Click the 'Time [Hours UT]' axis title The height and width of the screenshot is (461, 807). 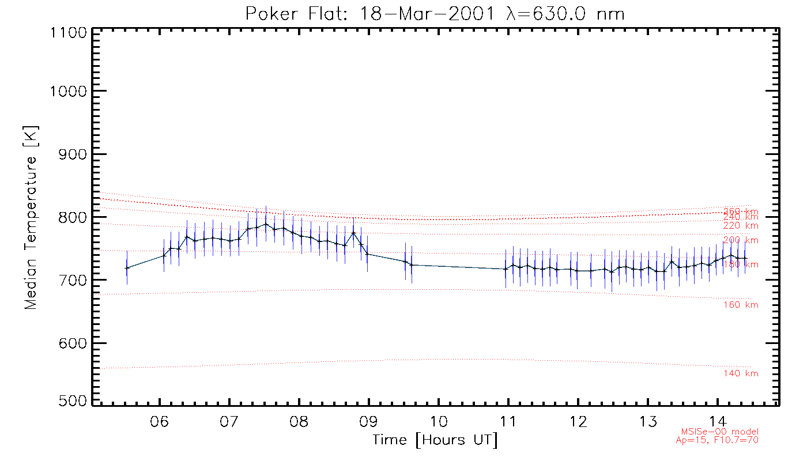pyautogui.click(x=435, y=440)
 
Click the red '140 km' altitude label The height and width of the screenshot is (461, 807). pyautogui.click(x=741, y=374)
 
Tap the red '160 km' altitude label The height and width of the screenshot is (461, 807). pyautogui.click(x=741, y=305)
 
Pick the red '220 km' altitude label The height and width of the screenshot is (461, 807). pyautogui.click(x=741, y=226)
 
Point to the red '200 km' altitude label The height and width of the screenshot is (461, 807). pyautogui.click(x=741, y=240)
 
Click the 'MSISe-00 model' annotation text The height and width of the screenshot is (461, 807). pyautogui.click(x=720, y=432)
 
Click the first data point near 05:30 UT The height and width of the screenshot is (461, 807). pyautogui.click(x=127, y=268)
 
